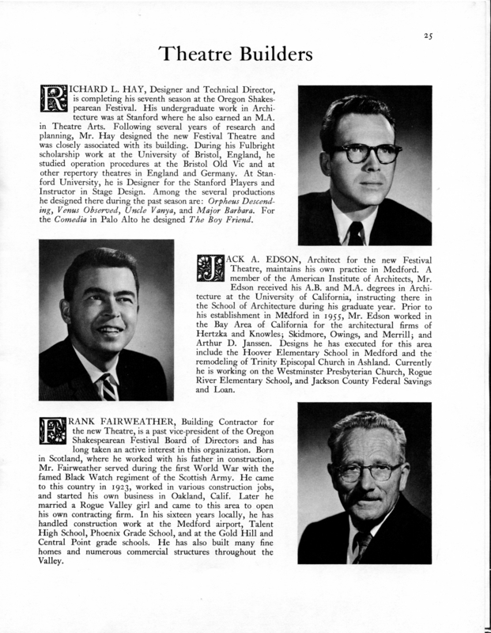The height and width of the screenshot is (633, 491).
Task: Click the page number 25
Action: pyautogui.click(x=429, y=34)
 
